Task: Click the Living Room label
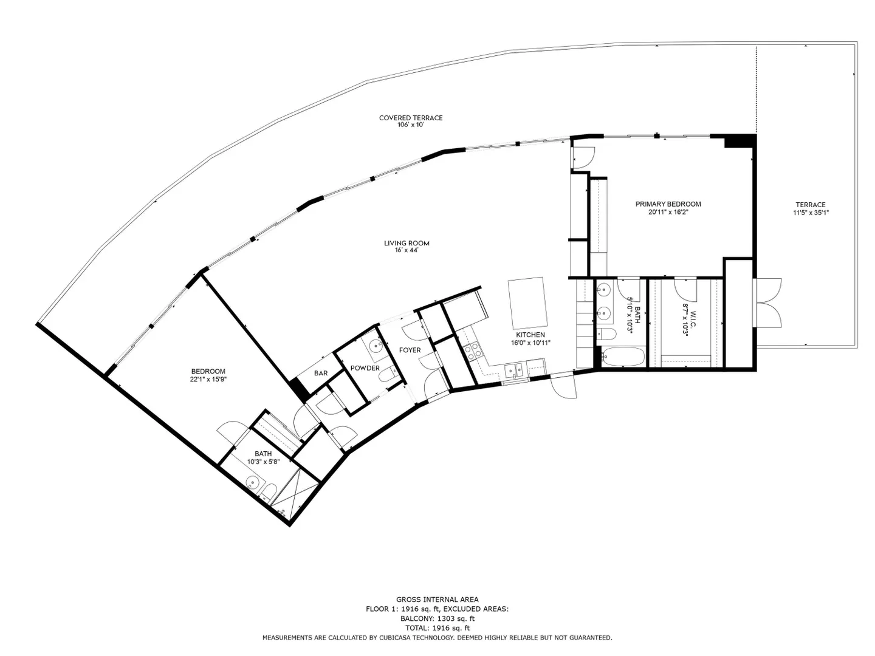point(407,243)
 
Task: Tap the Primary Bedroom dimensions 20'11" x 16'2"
point(668,213)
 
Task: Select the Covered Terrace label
point(411,118)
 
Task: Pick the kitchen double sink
point(515,371)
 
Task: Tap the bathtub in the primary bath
point(622,357)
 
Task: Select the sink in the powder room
point(376,346)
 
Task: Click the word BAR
point(320,373)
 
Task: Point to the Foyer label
point(410,350)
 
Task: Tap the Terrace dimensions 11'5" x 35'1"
point(811,213)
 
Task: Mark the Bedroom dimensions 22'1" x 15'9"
point(208,380)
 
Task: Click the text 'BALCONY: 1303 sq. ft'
point(437,618)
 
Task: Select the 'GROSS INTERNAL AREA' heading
point(437,600)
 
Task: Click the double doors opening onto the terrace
point(768,302)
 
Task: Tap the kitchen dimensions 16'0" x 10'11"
point(530,343)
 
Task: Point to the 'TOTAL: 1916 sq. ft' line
point(437,628)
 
